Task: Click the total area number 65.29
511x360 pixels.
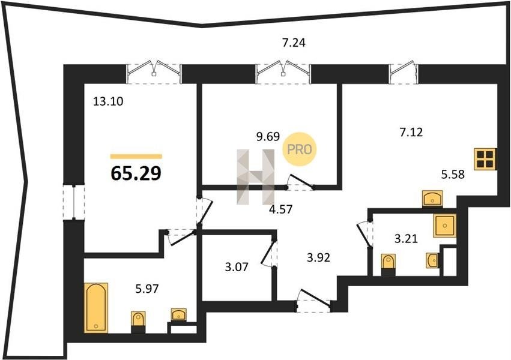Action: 136,173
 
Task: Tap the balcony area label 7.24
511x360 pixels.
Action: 294,43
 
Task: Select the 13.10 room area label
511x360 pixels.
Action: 108,101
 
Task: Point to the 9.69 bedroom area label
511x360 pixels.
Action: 268,136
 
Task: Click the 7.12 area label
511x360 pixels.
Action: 411,132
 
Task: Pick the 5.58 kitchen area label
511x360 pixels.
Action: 453,175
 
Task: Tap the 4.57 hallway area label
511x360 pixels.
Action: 280,209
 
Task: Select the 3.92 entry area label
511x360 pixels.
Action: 318,258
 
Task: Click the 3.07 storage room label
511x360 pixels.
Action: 237,267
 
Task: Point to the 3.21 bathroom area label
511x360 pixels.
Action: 406,239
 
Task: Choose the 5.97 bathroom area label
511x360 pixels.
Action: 147,288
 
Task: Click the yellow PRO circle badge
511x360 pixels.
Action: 300,149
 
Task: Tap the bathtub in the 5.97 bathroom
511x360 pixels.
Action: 96,308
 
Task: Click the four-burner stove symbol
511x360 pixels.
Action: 485,159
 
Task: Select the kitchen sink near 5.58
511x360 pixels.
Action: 432,199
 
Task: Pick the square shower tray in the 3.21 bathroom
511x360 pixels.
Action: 444,226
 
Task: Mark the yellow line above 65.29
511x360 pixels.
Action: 136,156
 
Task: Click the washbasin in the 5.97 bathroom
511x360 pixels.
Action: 179,315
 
